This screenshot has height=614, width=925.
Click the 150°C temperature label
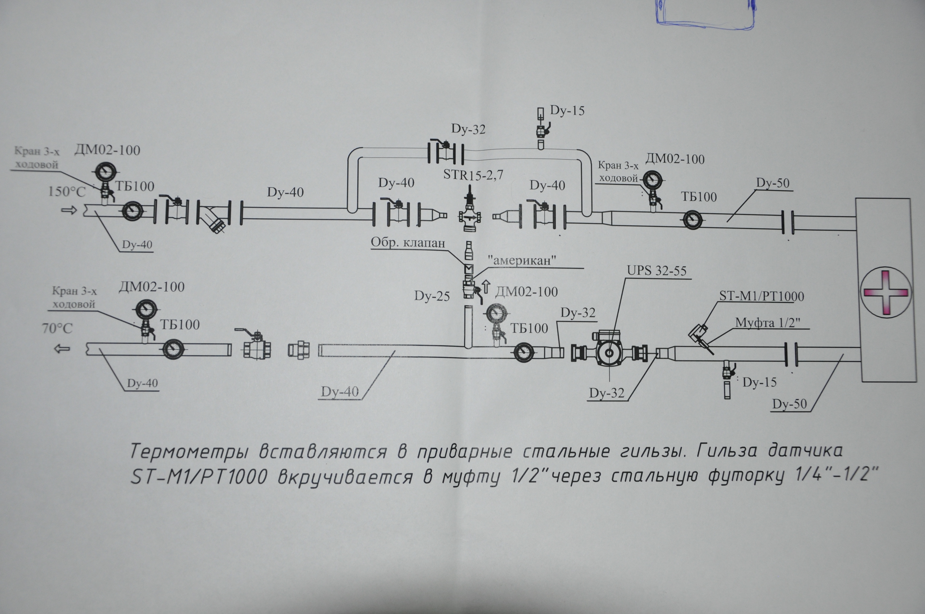[67, 192]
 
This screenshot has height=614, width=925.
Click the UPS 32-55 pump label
[657, 271]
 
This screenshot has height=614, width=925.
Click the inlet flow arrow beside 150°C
[69, 211]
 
